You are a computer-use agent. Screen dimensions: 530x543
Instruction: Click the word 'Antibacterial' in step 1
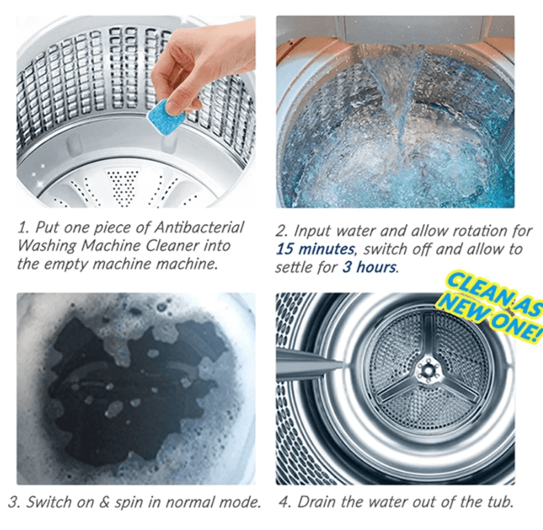coord(203,227)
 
